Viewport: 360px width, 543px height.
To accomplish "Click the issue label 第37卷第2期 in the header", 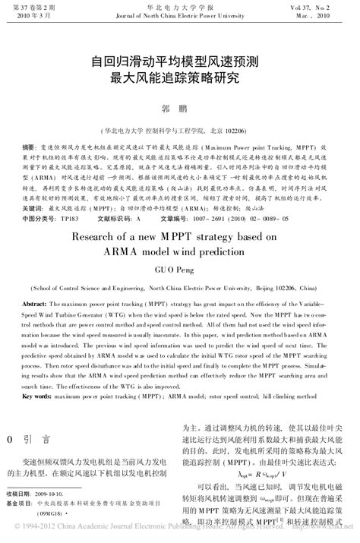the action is [25, 5].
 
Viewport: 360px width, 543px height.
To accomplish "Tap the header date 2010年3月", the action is [24, 14].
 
